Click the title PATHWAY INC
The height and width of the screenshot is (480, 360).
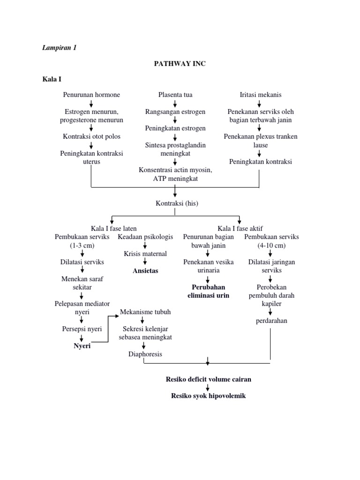(x=180, y=64)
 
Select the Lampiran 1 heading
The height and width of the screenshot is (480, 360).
(x=60, y=48)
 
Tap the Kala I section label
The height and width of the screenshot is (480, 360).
(x=52, y=79)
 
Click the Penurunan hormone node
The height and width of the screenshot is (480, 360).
(x=91, y=95)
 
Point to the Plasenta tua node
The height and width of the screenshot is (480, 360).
(x=175, y=95)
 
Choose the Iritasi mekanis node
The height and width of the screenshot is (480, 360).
(x=261, y=95)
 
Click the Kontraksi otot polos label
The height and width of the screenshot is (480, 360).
(x=91, y=136)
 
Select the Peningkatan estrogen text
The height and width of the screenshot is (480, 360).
(x=175, y=128)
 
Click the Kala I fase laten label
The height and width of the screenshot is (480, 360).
(x=114, y=228)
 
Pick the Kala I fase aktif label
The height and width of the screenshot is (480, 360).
(x=240, y=228)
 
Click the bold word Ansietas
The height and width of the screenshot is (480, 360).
(x=145, y=270)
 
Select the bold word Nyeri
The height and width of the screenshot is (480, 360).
(x=82, y=346)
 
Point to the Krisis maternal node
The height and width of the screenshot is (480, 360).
(x=145, y=254)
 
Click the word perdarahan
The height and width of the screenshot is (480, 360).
(x=271, y=321)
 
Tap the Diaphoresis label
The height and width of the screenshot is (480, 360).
(x=145, y=354)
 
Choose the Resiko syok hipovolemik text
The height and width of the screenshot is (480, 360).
(x=208, y=396)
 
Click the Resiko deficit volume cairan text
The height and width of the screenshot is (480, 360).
(x=208, y=379)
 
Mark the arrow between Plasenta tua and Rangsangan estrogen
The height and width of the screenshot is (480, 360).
(x=175, y=104)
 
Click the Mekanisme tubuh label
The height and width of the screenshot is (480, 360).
(x=145, y=312)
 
